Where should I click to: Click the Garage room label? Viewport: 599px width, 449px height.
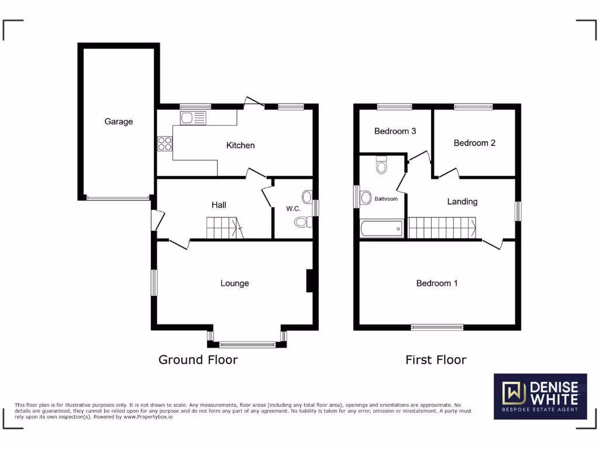pyautogui.click(x=119, y=122)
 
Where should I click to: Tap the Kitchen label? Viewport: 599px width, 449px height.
pyautogui.click(x=240, y=145)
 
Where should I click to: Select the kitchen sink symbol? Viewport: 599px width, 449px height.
pyautogui.click(x=193, y=118)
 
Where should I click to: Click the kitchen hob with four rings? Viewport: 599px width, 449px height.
pyautogui.click(x=164, y=143)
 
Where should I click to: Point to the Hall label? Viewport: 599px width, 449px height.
pyautogui.click(x=219, y=205)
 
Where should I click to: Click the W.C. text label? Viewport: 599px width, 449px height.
pyautogui.click(x=293, y=209)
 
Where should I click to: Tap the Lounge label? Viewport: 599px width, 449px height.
pyautogui.click(x=235, y=283)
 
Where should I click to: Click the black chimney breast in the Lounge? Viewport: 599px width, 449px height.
pyautogui.click(x=311, y=281)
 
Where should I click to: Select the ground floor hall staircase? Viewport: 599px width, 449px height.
pyautogui.click(x=224, y=227)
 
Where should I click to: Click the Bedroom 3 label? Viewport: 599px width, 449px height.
pyautogui.click(x=395, y=131)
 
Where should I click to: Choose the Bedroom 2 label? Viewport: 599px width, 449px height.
pyautogui.click(x=474, y=143)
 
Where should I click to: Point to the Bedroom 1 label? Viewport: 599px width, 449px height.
pyautogui.click(x=437, y=283)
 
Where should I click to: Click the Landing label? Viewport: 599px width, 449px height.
pyautogui.click(x=462, y=201)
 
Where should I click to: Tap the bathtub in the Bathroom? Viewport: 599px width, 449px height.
pyautogui.click(x=381, y=228)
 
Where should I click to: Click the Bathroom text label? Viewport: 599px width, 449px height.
pyautogui.click(x=386, y=199)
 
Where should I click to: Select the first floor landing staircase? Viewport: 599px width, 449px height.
pyautogui.click(x=442, y=227)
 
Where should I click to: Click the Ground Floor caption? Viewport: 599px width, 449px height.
pyautogui.click(x=198, y=360)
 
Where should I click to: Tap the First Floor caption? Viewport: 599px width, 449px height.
pyautogui.click(x=436, y=360)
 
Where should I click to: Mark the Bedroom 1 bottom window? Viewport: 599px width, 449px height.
pyautogui.click(x=437, y=327)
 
